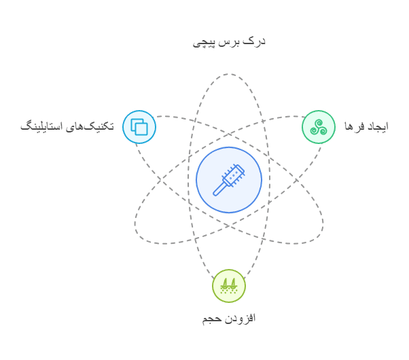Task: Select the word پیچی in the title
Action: click(x=204, y=43)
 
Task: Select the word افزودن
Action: click(x=240, y=319)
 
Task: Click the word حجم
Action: click(x=212, y=319)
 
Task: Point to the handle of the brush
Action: click(x=219, y=189)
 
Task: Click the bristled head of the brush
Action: click(x=234, y=175)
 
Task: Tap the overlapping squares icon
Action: click(x=139, y=127)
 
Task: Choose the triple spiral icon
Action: click(x=319, y=127)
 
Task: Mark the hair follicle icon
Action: click(x=229, y=286)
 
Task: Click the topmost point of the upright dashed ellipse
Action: click(x=229, y=74)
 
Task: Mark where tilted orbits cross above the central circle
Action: click(x=229, y=134)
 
